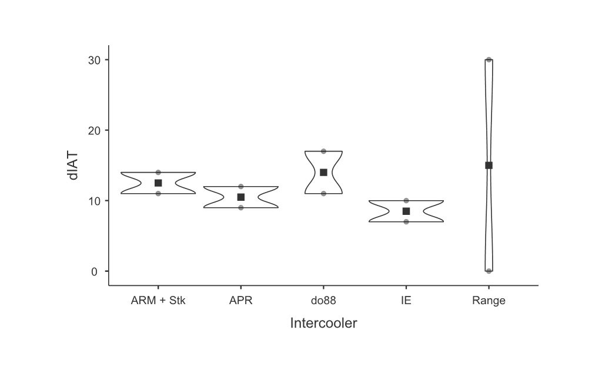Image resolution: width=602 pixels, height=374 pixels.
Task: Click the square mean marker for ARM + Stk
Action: (x=158, y=183)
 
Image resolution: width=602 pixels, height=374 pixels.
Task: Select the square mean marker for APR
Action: (x=241, y=197)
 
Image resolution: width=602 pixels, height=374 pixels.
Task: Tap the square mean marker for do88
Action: (x=323, y=173)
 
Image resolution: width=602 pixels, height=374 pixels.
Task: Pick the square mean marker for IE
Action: (x=406, y=211)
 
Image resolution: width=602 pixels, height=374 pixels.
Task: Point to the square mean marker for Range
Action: (x=489, y=166)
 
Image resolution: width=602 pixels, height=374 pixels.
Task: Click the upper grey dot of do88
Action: (x=323, y=151)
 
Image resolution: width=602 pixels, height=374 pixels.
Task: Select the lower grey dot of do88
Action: (x=323, y=193)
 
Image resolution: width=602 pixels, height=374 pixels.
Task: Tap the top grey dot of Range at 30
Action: (x=489, y=60)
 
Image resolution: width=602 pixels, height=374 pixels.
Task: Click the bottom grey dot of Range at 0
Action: (x=489, y=271)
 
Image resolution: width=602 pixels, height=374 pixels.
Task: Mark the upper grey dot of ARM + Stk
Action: (x=158, y=173)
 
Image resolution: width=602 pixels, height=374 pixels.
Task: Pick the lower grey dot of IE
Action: (x=406, y=221)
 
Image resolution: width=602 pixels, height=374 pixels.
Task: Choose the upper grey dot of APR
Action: (x=241, y=187)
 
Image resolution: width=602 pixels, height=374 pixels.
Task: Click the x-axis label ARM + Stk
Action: (x=158, y=301)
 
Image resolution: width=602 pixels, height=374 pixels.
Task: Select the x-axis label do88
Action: (x=323, y=301)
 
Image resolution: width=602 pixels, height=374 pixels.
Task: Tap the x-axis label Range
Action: (x=489, y=301)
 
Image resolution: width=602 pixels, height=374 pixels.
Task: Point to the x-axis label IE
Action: (x=406, y=301)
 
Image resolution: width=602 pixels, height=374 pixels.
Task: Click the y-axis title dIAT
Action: (x=73, y=166)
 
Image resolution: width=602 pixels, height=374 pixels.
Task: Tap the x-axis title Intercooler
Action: (x=323, y=324)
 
